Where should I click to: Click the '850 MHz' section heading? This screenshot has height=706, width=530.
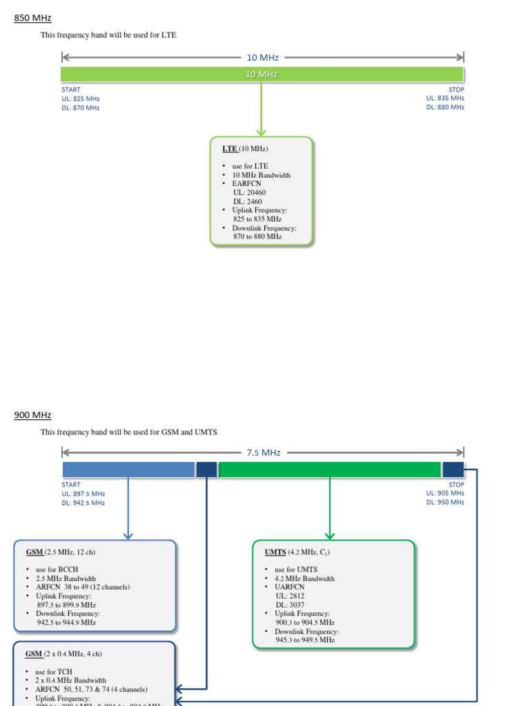(x=32, y=18)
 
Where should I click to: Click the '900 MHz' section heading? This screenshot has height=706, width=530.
(x=32, y=415)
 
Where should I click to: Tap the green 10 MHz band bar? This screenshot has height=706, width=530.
(x=138, y=74)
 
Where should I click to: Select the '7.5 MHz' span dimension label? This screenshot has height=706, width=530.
(x=263, y=453)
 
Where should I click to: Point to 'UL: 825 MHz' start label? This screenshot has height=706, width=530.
(x=81, y=99)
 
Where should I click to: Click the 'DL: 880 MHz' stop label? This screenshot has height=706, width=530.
(x=445, y=108)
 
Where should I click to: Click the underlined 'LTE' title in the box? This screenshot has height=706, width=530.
(x=229, y=148)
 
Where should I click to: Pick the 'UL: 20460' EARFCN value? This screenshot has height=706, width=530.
(x=248, y=193)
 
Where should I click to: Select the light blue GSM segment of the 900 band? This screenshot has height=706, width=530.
(x=128, y=470)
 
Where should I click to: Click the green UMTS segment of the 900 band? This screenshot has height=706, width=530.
(x=330, y=470)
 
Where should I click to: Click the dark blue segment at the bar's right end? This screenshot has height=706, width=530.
(x=453, y=470)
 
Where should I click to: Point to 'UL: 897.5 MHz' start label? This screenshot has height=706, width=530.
(x=84, y=494)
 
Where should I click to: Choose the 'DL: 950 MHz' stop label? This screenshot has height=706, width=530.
(x=445, y=503)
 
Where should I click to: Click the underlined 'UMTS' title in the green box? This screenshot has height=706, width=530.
(x=275, y=552)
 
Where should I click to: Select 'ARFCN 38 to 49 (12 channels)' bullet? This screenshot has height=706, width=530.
(x=82, y=587)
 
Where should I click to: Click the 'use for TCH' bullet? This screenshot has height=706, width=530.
(x=53, y=672)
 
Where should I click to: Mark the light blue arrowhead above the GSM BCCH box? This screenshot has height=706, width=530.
(x=128, y=535)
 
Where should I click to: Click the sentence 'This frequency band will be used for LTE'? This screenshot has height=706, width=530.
(x=108, y=35)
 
